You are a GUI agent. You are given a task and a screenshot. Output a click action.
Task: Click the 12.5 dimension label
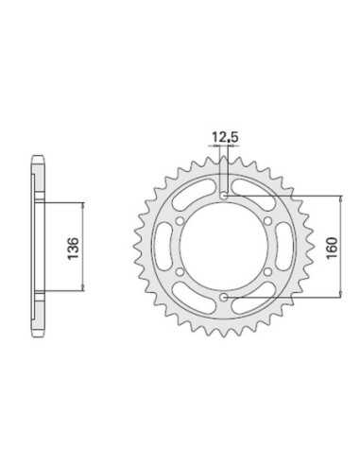click(x=225, y=137)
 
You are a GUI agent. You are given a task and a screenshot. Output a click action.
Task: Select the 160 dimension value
click(x=332, y=248)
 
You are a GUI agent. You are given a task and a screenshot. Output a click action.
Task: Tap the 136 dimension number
click(x=73, y=248)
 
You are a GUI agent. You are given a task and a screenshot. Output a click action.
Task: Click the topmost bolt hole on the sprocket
click(x=224, y=197)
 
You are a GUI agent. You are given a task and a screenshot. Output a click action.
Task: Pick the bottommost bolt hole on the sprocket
click(x=224, y=297)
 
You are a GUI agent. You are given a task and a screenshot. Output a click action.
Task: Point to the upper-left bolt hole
click(x=180, y=221)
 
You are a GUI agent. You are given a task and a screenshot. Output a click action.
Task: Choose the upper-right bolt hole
click(x=267, y=221)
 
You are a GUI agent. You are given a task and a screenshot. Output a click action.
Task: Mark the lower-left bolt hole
click(x=180, y=271)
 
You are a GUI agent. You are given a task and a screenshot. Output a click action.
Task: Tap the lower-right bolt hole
click(x=267, y=271)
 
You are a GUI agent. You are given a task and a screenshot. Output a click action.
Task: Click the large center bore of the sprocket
click(x=224, y=247)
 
